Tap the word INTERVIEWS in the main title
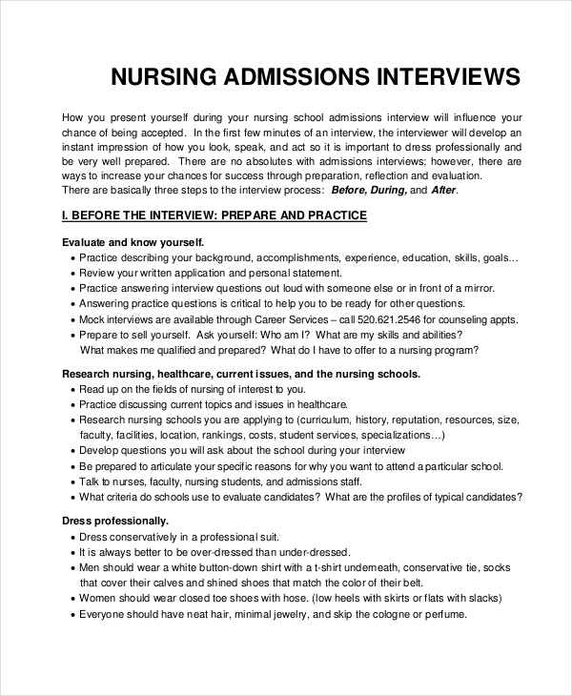[x=442, y=76]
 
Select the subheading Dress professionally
[x=115, y=522]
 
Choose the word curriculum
[x=331, y=420]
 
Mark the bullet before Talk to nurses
[x=72, y=482]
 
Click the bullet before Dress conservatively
[x=72, y=537]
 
